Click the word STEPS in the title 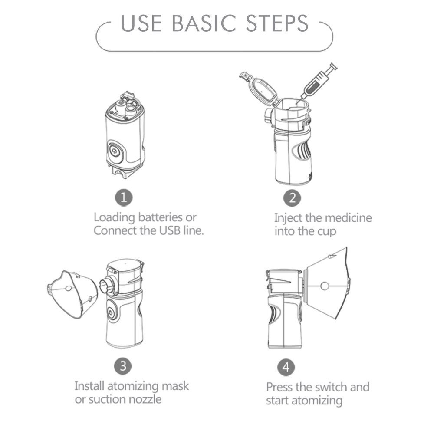click(277, 23)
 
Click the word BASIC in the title click(204, 23)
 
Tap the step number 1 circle click(124, 197)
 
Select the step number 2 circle click(292, 198)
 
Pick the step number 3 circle click(123, 366)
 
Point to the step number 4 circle click(286, 367)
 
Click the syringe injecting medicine click(317, 82)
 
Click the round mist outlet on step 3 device click(105, 286)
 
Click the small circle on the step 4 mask click(324, 286)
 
